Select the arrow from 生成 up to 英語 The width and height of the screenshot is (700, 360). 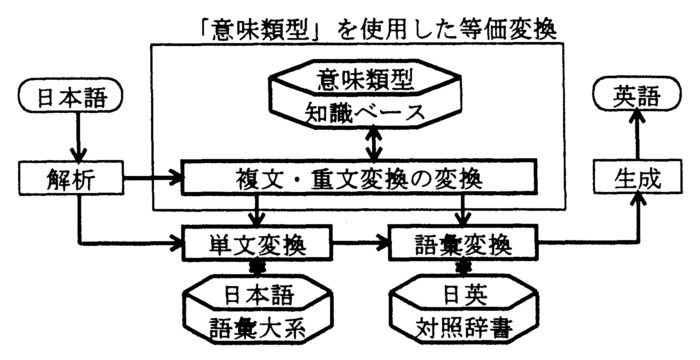pyautogui.click(x=637, y=134)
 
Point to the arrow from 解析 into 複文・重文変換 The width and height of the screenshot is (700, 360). pyautogui.click(x=152, y=178)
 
